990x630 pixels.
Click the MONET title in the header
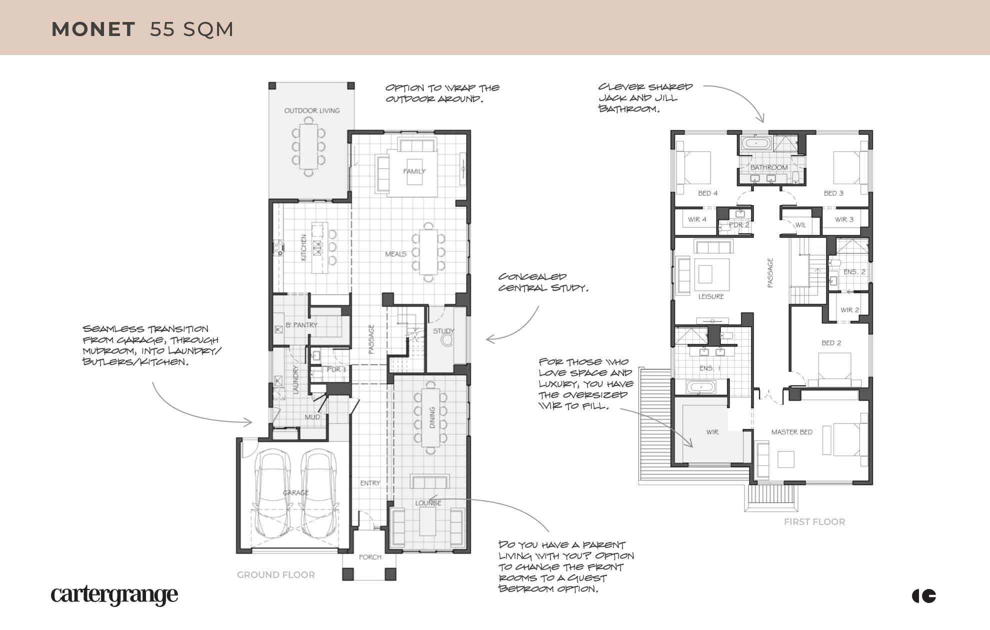click(x=93, y=29)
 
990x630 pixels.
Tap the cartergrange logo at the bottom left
click(x=114, y=595)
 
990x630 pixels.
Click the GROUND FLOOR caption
click(x=276, y=575)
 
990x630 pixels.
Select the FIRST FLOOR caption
click(x=814, y=522)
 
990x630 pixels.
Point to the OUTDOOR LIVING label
click(x=312, y=110)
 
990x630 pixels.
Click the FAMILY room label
click(x=414, y=171)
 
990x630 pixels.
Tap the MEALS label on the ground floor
click(x=395, y=254)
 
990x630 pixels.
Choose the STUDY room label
click(x=443, y=331)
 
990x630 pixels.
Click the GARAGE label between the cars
click(x=296, y=492)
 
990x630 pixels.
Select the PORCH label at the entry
click(x=370, y=557)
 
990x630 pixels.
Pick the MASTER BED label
click(x=792, y=432)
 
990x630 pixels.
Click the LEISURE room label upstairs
click(x=711, y=296)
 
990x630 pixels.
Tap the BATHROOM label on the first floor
click(x=769, y=167)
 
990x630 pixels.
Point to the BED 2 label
click(x=831, y=343)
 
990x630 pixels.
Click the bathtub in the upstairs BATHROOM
click(x=756, y=143)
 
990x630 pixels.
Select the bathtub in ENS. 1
click(x=700, y=387)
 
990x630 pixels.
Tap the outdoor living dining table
click(x=308, y=147)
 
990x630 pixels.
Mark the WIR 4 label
click(x=697, y=219)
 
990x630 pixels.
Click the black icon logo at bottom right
click(x=924, y=596)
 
